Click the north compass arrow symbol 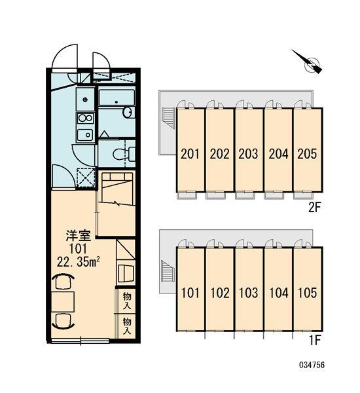point(310,63)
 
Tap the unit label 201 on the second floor point(190,154)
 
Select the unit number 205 point(307,154)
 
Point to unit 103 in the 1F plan point(249,293)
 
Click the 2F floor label point(314,208)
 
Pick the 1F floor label point(315,340)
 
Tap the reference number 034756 point(312,365)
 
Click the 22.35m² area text point(79,261)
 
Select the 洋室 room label point(79,236)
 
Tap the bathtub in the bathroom point(117,98)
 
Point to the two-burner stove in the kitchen point(86,119)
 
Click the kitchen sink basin point(85,136)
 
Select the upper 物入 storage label point(127,301)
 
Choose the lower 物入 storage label point(127,326)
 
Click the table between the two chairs point(63,301)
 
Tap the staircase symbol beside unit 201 point(168,118)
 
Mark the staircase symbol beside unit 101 point(168,271)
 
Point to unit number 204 point(278,154)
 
